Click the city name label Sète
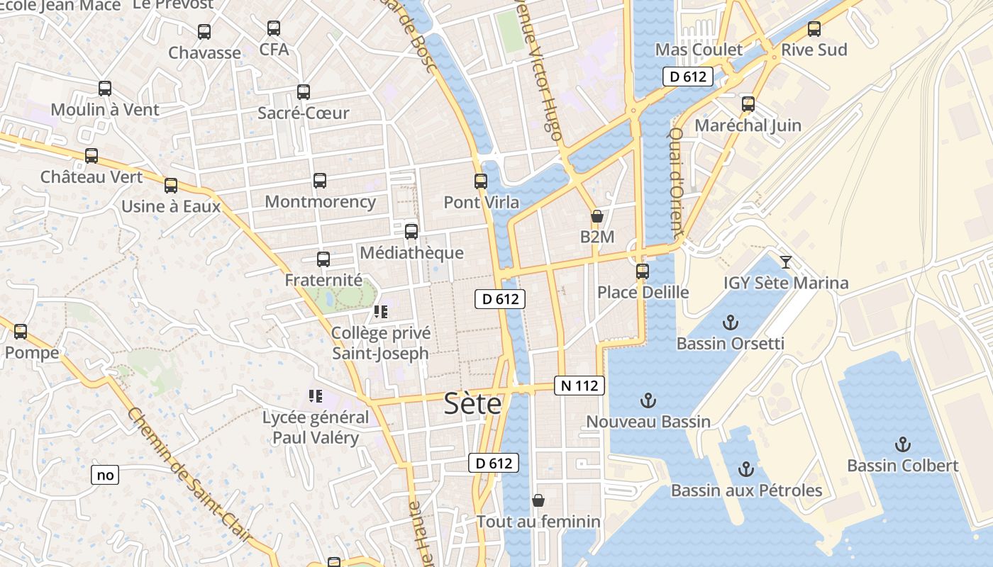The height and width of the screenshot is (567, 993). coord(472,403)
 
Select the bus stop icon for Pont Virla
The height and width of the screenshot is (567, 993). coord(481,181)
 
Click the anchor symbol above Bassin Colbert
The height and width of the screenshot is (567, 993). coord(903,445)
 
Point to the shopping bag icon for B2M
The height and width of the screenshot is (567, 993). coord(597,216)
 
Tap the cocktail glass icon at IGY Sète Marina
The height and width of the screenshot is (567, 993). coord(786,262)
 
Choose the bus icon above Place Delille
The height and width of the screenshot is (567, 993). coord(643,271)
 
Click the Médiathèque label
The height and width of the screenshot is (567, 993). coord(411,253)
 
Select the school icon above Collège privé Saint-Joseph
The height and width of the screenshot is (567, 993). coord(381,312)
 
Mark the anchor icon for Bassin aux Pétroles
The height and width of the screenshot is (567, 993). coord(745,469)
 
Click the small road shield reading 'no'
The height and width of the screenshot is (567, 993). coord(105,475)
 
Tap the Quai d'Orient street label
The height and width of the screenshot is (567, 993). coord(677,182)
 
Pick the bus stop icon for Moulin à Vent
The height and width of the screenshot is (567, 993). coord(105,89)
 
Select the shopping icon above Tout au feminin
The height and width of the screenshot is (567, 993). coord(538,501)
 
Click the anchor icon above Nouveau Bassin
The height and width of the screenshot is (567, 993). coord(648,401)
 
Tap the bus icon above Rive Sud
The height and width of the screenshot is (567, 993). coord(814,30)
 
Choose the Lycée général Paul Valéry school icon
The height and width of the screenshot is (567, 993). coord(316,396)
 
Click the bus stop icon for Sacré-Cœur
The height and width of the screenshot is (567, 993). coord(304,92)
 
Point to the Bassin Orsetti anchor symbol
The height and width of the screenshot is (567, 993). coord(730,323)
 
